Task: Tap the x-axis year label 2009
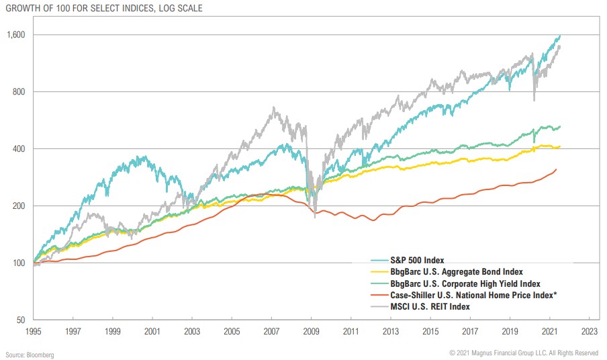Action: pos(312,332)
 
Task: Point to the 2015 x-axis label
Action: pos(430,332)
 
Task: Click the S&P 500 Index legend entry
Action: pos(417,260)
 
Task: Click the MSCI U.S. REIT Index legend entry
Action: pos(429,306)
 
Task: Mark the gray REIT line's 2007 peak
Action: pos(274,107)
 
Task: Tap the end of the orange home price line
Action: pos(556,169)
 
